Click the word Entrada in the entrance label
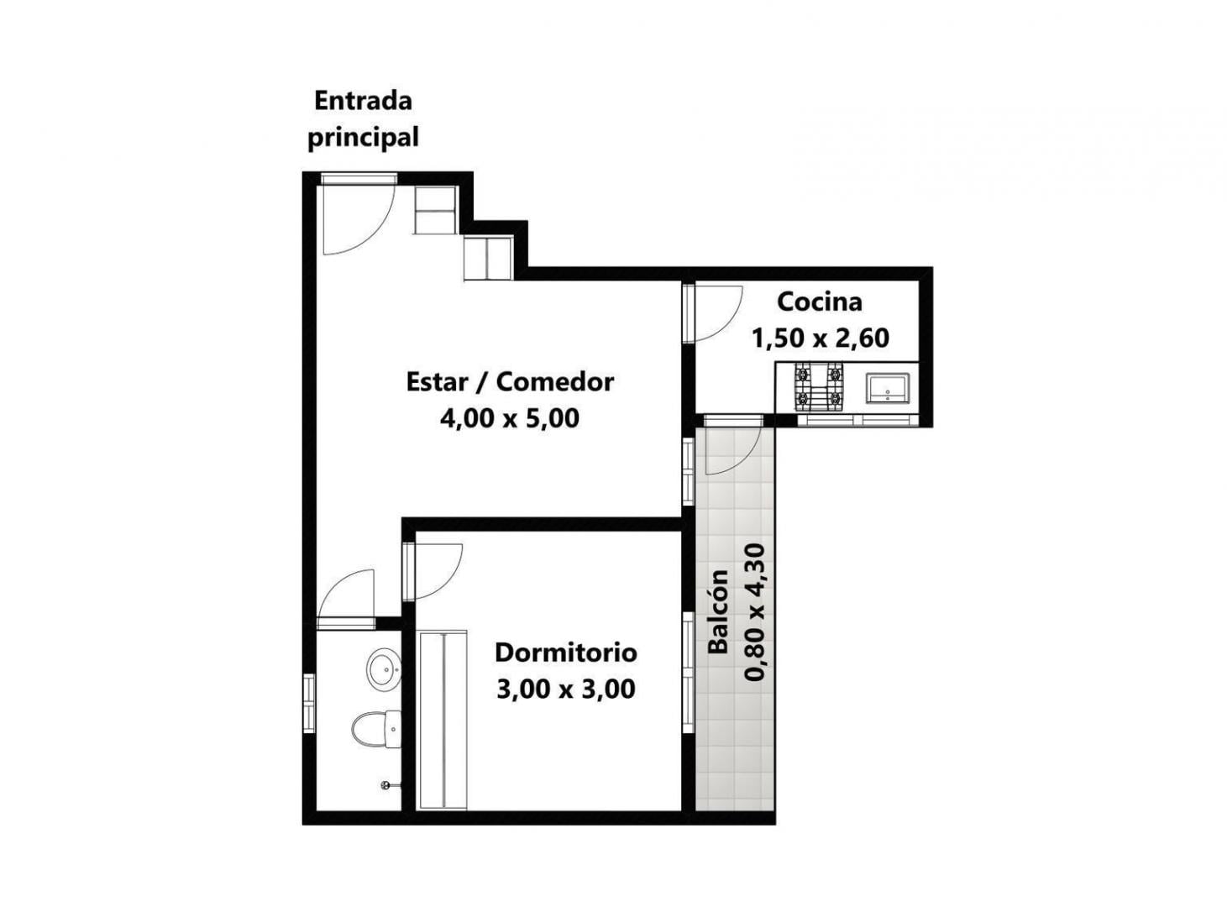363,102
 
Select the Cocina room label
820,302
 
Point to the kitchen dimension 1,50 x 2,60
820,338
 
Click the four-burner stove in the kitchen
819,387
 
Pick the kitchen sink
888,388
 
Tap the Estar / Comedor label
510,382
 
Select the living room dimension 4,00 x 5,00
510,418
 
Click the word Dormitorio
565,653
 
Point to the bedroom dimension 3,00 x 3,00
565,689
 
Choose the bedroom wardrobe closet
443,721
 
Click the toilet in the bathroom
377,730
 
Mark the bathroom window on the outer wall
309,704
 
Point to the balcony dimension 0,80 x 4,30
754,612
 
